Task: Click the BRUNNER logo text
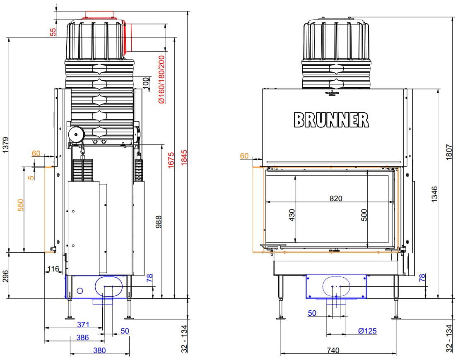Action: [x=331, y=120]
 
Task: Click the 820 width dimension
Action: [x=336, y=198]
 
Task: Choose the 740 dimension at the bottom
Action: [x=333, y=350]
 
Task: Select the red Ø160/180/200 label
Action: [x=162, y=79]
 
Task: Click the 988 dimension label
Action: [x=158, y=222]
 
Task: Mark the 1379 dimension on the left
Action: [x=5, y=146]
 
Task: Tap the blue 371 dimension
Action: [x=83, y=325]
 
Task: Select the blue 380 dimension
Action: [x=99, y=350]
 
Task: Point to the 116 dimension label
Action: [x=53, y=269]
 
